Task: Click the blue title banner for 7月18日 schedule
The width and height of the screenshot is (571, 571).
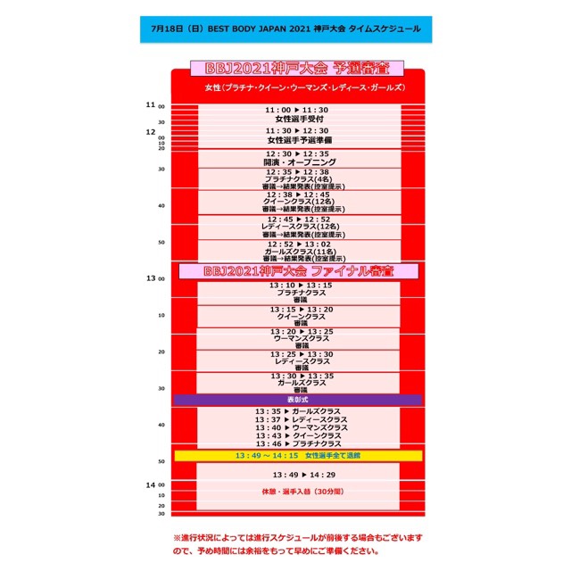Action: point(285,28)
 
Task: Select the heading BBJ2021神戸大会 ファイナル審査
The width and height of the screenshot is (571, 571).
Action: point(298,269)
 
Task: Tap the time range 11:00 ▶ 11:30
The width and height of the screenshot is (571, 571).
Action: point(298,110)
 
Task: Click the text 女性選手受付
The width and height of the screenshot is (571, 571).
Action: point(298,119)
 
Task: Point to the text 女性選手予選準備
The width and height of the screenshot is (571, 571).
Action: point(298,140)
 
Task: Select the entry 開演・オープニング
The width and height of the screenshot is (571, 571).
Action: point(298,162)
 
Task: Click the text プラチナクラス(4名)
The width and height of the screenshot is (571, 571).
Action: point(298,178)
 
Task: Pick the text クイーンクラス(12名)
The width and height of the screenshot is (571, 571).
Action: point(298,203)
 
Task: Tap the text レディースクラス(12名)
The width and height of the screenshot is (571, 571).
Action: point(298,227)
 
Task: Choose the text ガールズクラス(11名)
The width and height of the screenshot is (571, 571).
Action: point(298,252)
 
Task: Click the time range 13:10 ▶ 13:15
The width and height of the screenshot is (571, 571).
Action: point(298,285)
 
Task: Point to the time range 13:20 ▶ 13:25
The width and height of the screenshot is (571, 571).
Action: point(298,332)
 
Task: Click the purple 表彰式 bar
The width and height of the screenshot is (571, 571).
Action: point(298,401)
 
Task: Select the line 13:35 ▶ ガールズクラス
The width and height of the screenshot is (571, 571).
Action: point(300,411)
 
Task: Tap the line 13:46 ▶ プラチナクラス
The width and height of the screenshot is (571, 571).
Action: point(300,443)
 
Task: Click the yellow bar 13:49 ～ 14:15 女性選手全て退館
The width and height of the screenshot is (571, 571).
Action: point(298,456)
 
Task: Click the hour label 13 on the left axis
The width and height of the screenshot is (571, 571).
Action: point(151,278)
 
